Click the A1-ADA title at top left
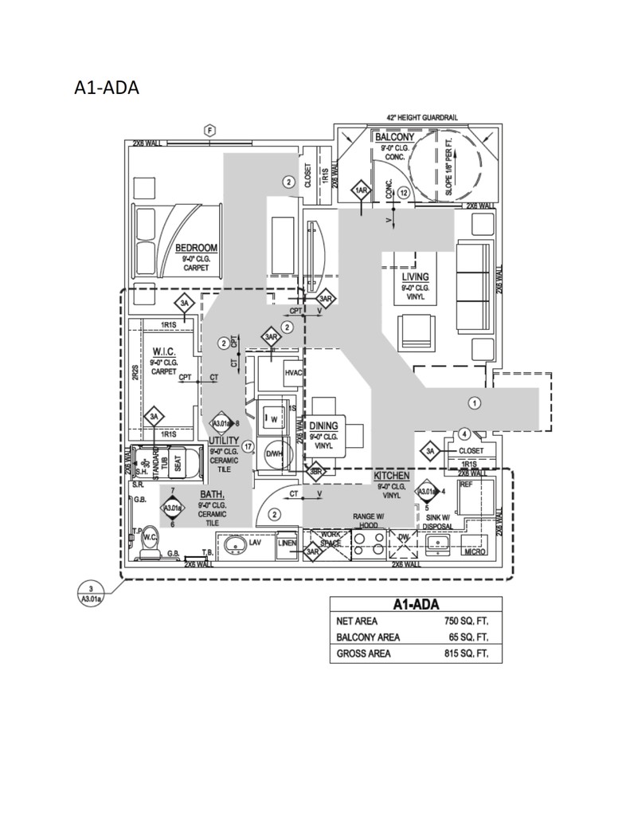pos(106,88)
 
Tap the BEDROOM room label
pos(196,248)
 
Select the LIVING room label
pos(415,277)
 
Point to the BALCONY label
pos(393,138)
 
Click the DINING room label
pos(323,426)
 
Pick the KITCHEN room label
pos(392,476)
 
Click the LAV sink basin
pos(235,544)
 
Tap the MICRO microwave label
pos(474,551)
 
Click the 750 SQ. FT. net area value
pos(466,621)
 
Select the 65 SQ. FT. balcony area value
pos(469,637)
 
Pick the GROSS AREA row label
pos(363,654)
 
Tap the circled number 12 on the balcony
pos(404,192)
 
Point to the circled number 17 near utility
pos(248,446)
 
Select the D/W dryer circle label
pos(274,453)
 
